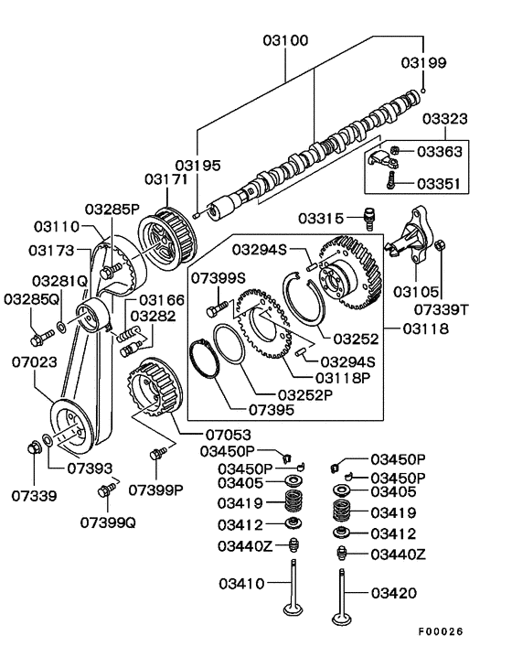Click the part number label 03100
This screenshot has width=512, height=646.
point(285,41)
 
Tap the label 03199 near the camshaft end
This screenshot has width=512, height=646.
point(423,62)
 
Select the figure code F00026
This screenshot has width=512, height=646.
point(441,631)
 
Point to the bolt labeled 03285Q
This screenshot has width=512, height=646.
point(42,337)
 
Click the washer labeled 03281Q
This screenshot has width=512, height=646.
point(61,328)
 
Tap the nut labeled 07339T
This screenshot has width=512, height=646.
point(440,245)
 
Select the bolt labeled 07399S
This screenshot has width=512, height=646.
point(217,308)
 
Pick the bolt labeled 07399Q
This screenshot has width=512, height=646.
point(107,490)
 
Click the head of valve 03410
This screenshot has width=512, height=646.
point(293,608)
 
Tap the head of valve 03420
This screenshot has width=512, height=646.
point(342,619)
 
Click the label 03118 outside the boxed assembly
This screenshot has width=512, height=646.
point(425,328)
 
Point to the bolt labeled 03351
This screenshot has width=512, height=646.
point(391,180)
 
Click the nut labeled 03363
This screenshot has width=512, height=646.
point(394,150)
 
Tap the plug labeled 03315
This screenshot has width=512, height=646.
point(369,217)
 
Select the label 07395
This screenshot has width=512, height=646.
point(272,410)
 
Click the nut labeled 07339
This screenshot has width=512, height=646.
point(35,447)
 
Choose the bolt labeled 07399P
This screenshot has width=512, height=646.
point(158,453)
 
